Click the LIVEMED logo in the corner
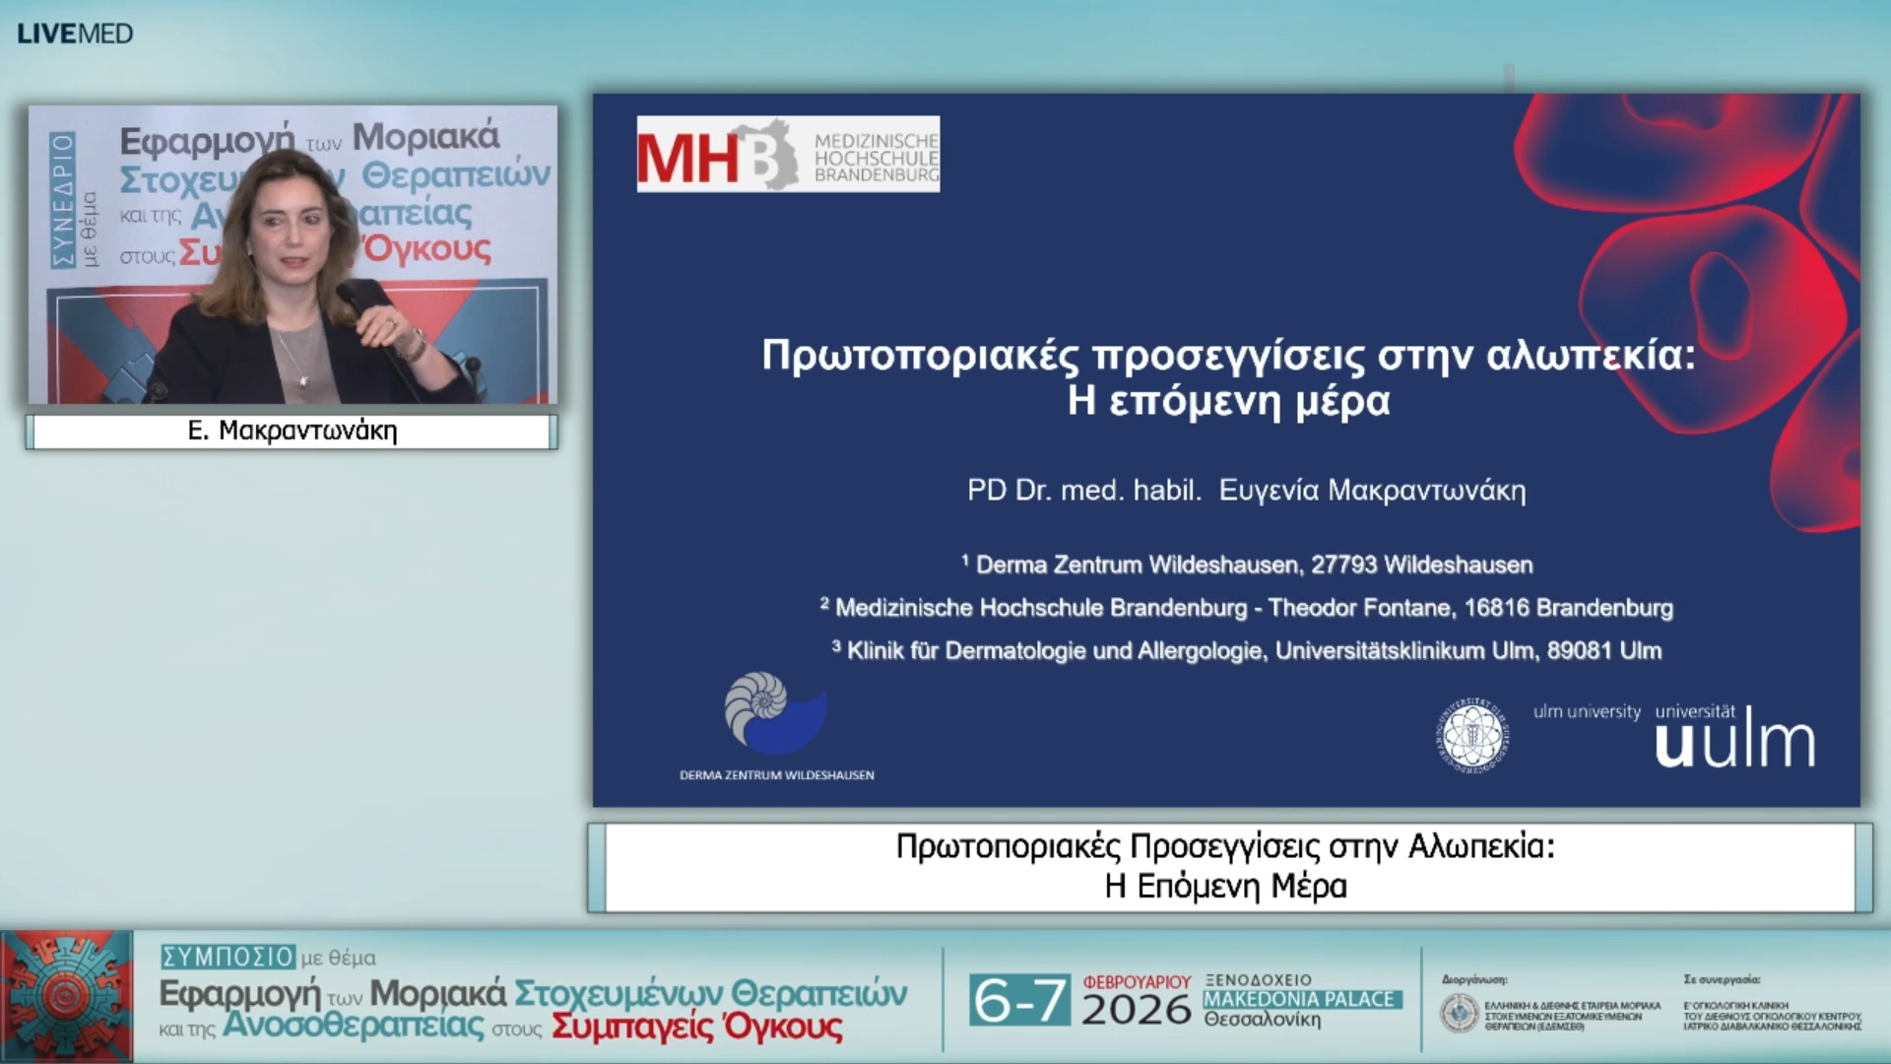[75, 33]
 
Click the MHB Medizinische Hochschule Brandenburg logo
[788, 155]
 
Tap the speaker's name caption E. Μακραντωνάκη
[293, 432]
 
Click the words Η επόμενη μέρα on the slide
[1228, 401]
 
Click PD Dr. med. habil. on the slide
[1083, 490]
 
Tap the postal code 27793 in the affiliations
[1343, 565]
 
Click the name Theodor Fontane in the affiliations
[1359, 608]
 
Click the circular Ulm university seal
[1472, 735]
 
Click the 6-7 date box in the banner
[1019, 1000]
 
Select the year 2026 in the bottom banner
[1136, 1010]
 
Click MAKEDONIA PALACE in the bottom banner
[1299, 999]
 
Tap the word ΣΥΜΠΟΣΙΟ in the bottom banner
[228, 957]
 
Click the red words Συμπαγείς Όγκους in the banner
[696, 1027]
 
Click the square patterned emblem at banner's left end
[67, 996]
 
